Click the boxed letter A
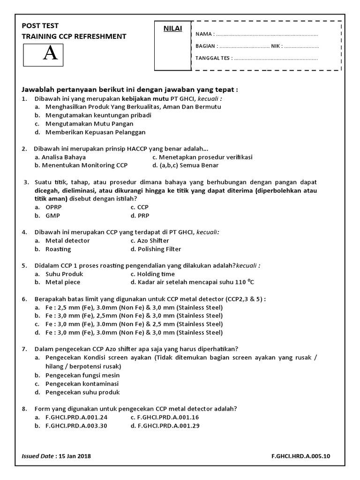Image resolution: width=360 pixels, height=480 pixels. (x=50, y=54)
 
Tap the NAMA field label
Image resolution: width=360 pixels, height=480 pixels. (x=205, y=34)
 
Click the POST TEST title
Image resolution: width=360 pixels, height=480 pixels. (x=40, y=26)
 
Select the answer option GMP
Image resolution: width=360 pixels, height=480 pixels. (x=52, y=216)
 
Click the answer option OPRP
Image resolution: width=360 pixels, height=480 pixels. (x=53, y=207)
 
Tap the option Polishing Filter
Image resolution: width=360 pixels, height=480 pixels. (x=156, y=249)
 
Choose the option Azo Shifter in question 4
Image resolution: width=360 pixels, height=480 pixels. (x=150, y=240)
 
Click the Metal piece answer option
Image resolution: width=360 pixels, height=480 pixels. (x=63, y=282)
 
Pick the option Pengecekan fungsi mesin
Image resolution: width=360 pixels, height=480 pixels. (x=82, y=375)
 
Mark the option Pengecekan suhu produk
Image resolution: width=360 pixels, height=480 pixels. (x=82, y=392)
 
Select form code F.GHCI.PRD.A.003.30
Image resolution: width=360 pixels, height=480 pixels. (x=76, y=426)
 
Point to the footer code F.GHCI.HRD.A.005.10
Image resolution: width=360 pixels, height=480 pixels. (x=303, y=456)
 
